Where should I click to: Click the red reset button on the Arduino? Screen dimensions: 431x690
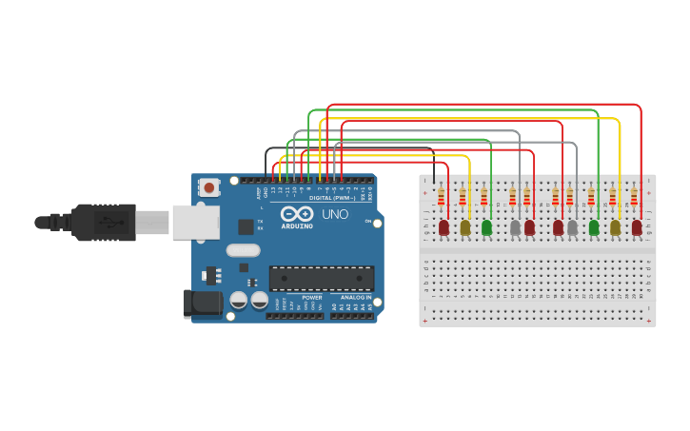click(x=208, y=187)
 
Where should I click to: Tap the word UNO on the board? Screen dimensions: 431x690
click(x=335, y=214)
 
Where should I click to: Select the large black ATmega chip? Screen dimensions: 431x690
click(x=321, y=278)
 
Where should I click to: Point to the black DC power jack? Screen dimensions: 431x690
click(x=202, y=304)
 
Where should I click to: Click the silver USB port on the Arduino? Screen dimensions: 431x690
click(x=194, y=223)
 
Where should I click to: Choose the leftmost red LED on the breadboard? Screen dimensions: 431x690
click(x=444, y=227)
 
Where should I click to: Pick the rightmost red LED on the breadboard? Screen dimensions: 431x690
click(x=637, y=227)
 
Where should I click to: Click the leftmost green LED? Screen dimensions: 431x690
click(x=486, y=227)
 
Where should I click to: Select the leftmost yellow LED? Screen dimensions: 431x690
click(x=465, y=227)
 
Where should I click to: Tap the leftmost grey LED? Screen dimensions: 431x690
click(x=515, y=227)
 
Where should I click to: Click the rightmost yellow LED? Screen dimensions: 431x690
click(x=616, y=227)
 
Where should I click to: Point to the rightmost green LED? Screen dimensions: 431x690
click(x=594, y=227)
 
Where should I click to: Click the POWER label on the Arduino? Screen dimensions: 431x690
click(x=311, y=297)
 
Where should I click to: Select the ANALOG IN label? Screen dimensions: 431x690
click(x=352, y=297)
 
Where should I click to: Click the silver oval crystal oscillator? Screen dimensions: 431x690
click(x=243, y=251)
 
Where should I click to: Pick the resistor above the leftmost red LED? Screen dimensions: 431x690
click(x=441, y=197)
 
